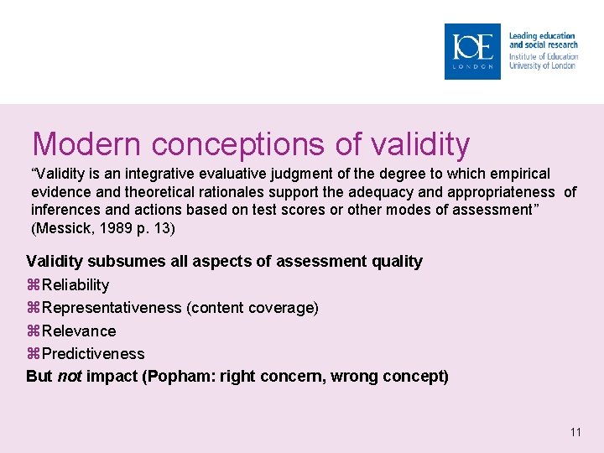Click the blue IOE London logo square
click(472, 51)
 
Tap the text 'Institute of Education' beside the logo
click(543, 56)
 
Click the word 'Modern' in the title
click(80, 144)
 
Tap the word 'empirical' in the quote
click(520, 174)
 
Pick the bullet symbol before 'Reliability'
click(34, 285)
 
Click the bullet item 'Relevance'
click(79, 331)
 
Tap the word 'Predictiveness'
click(92, 354)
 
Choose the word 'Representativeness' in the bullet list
click(112, 308)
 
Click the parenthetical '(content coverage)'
click(253, 308)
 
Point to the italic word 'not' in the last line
click(69, 377)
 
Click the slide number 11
click(575, 432)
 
